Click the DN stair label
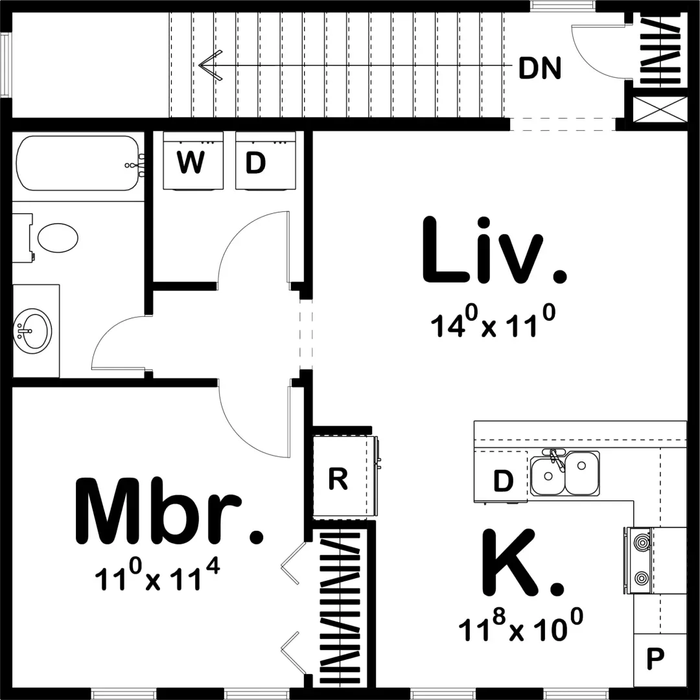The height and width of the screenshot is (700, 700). [540, 69]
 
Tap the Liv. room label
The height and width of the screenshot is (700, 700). [494, 250]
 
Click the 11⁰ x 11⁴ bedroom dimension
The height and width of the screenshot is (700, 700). [157, 575]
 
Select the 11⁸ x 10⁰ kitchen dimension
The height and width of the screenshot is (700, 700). [520, 625]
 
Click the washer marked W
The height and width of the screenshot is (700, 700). [193, 161]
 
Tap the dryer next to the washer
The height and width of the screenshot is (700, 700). [265, 161]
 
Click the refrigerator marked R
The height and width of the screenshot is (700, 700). [343, 477]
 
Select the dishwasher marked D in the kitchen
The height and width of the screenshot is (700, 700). [501, 477]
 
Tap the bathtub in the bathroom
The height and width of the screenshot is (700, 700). [78, 163]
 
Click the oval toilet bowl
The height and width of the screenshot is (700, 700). [58, 237]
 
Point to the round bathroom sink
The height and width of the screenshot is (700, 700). [32, 331]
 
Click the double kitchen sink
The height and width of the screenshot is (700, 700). [565, 473]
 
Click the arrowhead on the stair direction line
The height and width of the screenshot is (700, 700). [210, 65]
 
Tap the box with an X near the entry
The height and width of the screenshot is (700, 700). [660, 109]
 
